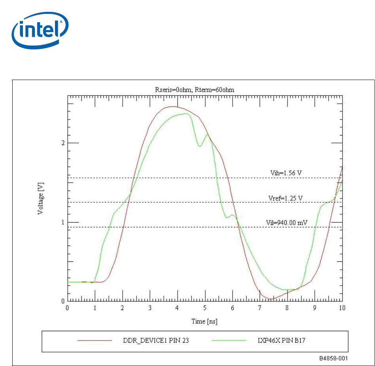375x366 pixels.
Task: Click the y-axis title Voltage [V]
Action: click(x=40, y=198)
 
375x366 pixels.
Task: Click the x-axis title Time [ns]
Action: click(x=205, y=321)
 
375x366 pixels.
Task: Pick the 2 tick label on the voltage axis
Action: click(x=62, y=143)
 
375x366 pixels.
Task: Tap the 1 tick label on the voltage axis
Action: click(x=62, y=222)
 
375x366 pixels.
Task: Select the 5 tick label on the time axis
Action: click(x=205, y=308)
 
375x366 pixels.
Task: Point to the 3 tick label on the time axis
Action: click(x=150, y=308)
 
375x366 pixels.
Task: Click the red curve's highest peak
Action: click(x=172, y=106)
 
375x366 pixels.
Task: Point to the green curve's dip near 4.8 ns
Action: click(x=200, y=146)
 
